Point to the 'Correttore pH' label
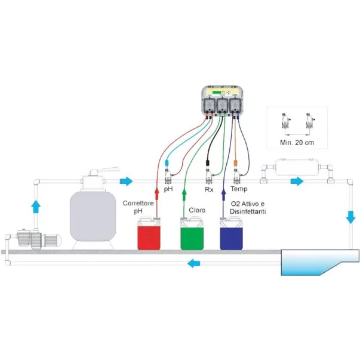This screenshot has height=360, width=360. pos(138,206)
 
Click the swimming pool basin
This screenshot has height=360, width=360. pos(316,260)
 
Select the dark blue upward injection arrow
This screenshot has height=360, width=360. pos(224,193)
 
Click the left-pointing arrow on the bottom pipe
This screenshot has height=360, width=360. pos(193,263)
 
